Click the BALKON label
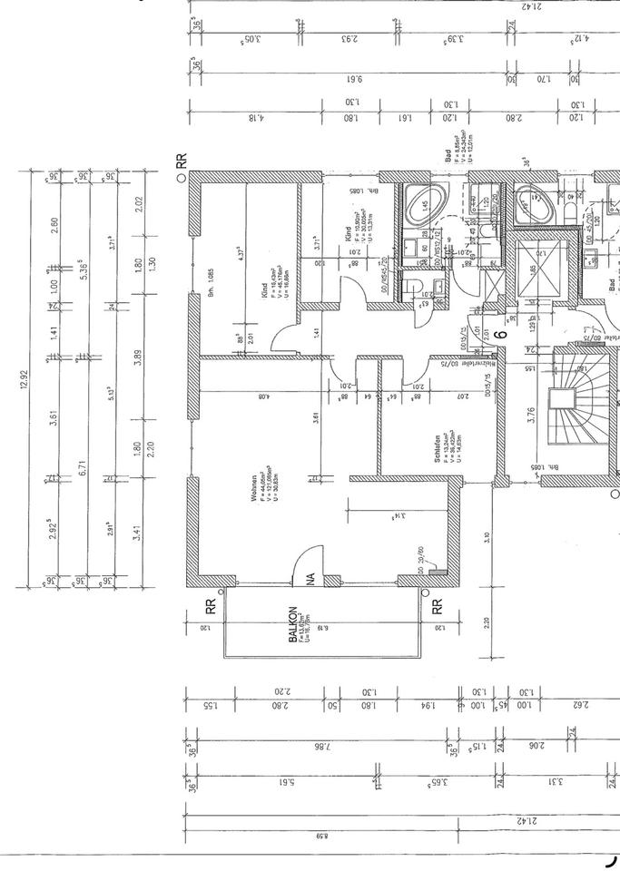293,625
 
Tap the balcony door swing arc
309,562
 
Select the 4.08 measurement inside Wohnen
264,396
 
